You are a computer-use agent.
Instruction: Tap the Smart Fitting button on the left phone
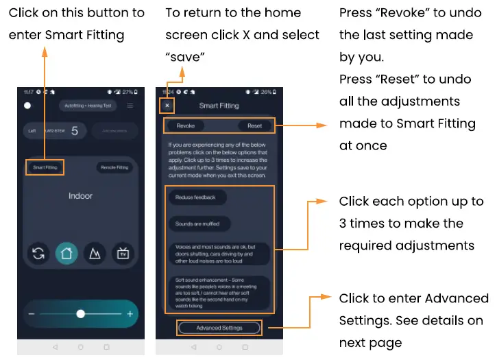[45, 167]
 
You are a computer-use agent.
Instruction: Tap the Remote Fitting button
[114, 167]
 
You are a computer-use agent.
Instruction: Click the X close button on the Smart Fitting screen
[167, 106]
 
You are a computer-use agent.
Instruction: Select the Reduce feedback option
[196, 197]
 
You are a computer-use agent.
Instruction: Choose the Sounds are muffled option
[199, 224]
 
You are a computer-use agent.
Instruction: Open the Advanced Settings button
[219, 328]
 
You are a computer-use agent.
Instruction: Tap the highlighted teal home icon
[66, 254]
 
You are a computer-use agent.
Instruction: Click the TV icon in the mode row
[123, 254]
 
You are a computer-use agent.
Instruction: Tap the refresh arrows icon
[38, 254]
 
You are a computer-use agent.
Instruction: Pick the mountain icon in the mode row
[95, 254]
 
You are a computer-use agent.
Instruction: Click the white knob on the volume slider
[81, 313]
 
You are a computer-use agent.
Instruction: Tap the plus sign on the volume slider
[130, 313]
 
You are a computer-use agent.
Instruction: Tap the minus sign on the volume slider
[32, 313]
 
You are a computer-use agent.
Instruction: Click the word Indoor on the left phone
[80, 196]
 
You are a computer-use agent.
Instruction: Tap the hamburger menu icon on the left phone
[130, 106]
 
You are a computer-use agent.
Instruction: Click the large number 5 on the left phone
[74, 130]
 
